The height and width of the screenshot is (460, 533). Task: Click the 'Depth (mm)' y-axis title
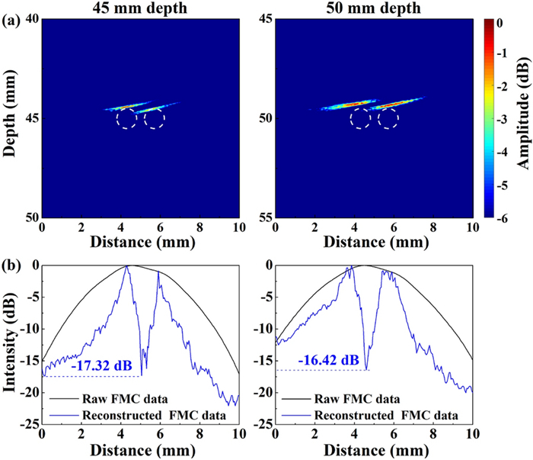tap(11, 118)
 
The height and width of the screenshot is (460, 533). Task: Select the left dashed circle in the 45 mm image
tap(127, 118)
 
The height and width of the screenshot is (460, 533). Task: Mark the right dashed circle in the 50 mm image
tap(388, 118)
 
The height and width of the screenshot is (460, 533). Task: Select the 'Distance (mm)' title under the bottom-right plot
tap(372, 449)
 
